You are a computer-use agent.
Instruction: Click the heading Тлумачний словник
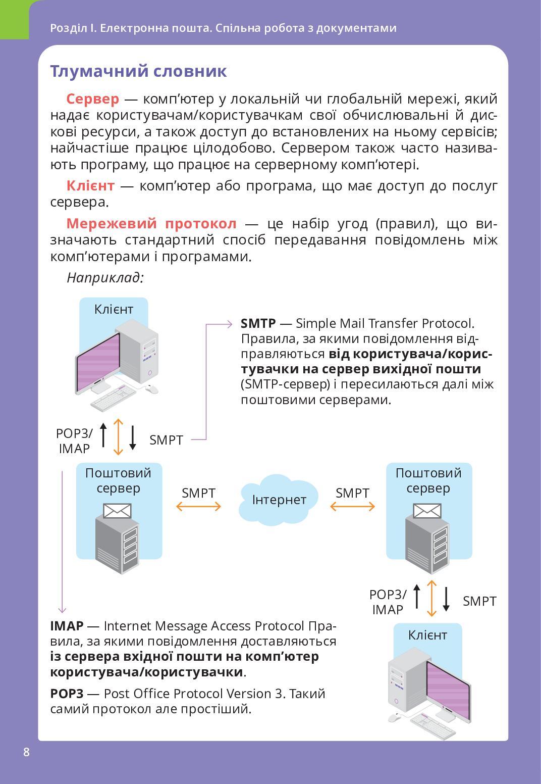tap(138, 71)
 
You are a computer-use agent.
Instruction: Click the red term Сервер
tap(92, 99)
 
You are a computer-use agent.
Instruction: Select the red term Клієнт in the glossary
tap(90, 186)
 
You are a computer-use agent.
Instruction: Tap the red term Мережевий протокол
tap(151, 223)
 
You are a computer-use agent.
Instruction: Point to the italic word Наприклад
tap(105, 277)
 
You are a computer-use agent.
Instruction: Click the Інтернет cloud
tap(279, 500)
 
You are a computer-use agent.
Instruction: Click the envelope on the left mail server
tap(117, 511)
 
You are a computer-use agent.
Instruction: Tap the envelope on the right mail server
tap(427, 511)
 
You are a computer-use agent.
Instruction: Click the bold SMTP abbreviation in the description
tap(258, 323)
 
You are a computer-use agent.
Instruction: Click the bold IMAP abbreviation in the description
tap(67, 626)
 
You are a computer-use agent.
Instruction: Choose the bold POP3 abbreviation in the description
tap(66, 694)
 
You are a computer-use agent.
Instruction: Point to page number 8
tap(26, 752)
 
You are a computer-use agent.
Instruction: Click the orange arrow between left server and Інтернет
tap(198, 506)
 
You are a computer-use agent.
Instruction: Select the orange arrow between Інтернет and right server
tap(352, 506)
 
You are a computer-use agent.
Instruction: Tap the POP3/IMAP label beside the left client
tap(74, 440)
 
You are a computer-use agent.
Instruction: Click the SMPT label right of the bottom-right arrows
tap(479, 601)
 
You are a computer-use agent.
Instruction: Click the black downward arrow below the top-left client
tap(133, 437)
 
